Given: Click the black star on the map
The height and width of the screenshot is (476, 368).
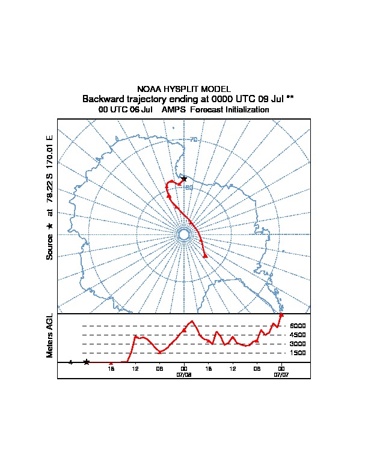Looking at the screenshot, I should point(184,178).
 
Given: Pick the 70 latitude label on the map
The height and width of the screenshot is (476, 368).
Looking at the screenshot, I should point(194,140).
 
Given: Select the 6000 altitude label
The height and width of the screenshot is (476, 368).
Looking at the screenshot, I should point(298,326).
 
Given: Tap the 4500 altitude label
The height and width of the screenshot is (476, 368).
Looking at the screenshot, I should point(298,335).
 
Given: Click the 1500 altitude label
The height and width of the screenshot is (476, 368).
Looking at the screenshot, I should point(298,353).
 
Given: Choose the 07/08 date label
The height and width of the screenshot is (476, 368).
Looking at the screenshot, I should point(184,374).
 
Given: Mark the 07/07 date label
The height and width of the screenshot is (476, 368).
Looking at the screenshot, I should point(281,374).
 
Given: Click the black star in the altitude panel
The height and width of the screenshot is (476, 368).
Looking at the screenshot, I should point(87,362).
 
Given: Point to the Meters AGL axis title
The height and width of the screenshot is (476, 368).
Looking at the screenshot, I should point(51,335).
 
